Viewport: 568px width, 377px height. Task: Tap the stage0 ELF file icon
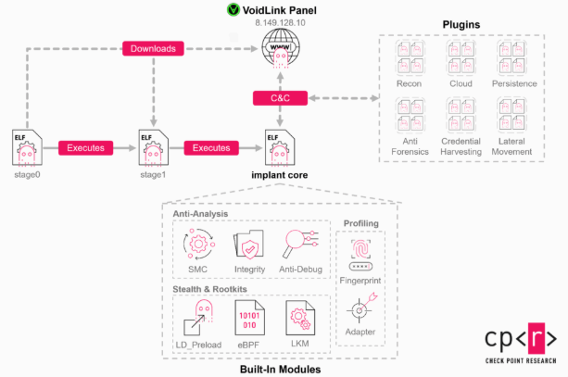tap(26, 146)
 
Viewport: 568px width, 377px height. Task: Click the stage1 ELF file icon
tap(152, 146)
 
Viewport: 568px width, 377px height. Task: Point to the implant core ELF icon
tap(278, 146)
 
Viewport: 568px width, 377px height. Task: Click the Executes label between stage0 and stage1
tap(88, 147)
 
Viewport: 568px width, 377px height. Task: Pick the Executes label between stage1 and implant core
tap(211, 147)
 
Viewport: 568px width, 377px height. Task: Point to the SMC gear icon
tap(197, 245)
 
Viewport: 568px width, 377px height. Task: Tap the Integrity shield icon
tap(249, 245)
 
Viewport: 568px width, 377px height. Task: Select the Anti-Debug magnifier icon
tap(299, 245)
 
